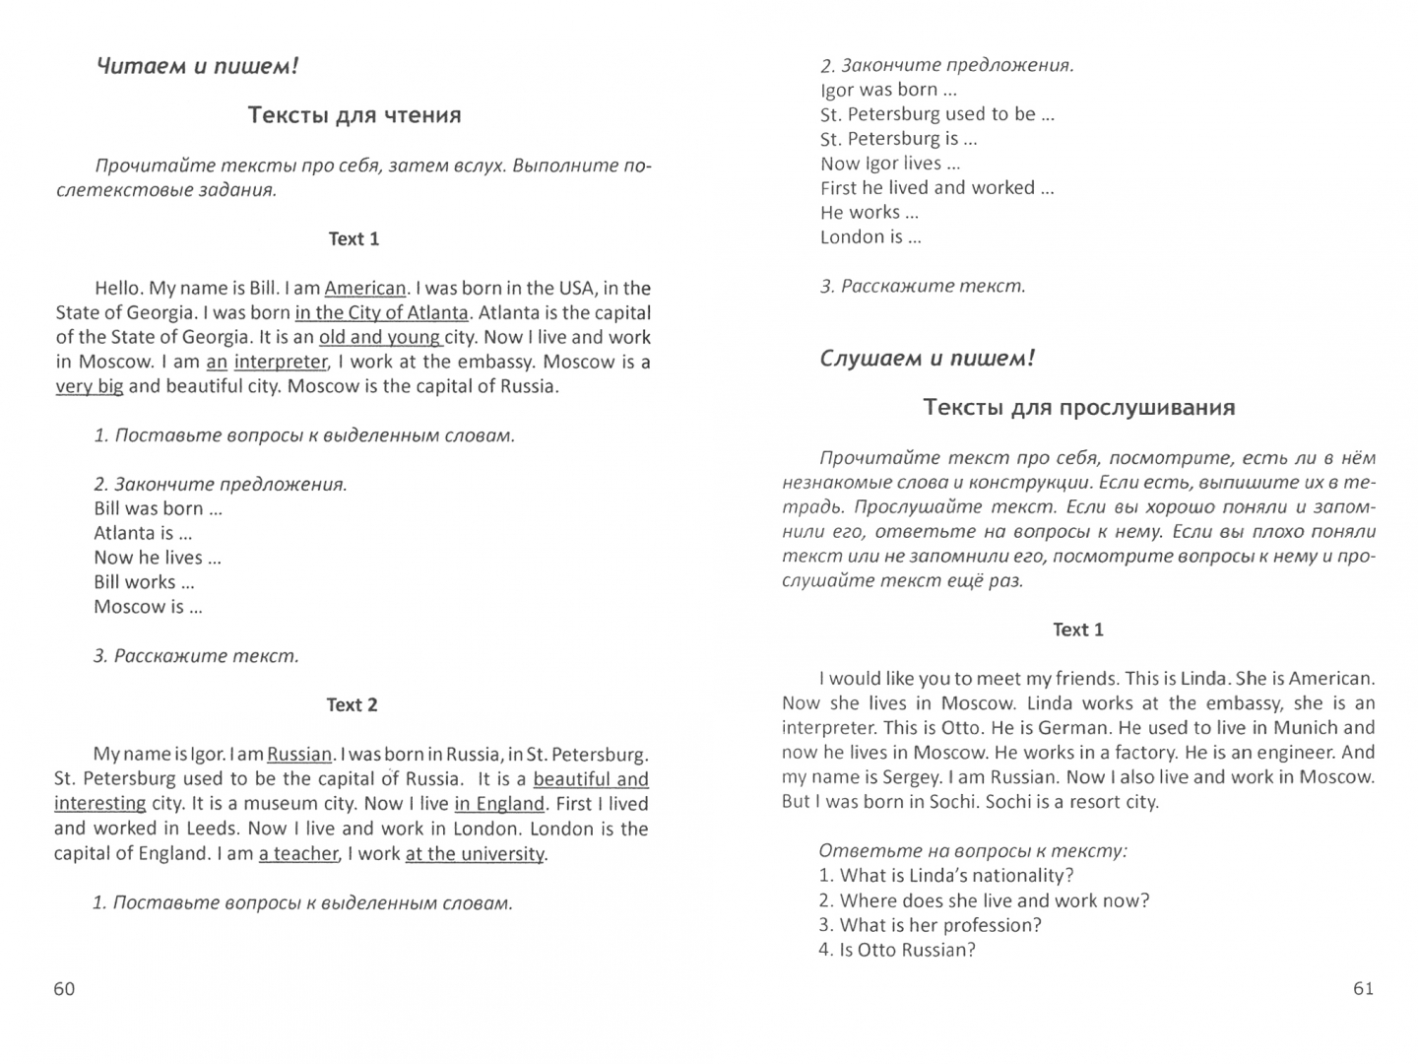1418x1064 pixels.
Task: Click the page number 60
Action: coord(64,989)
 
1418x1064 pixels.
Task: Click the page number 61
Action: coord(1363,989)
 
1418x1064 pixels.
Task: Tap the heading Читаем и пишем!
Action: coord(197,67)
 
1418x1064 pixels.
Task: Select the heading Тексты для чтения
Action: coord(354,115)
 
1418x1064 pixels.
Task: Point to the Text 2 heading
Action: coord(352,705)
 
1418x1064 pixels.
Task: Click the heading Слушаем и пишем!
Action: coord(927,359)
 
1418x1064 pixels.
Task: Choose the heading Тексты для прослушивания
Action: coord(1078,408)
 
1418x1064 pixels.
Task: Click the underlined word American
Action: coord(364,289)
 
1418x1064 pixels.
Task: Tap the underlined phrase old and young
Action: coord(380,337)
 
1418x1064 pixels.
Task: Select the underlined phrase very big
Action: coord(90,386)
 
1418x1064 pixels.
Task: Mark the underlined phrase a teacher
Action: coord(298,854)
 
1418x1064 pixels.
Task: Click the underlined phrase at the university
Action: coord(475,854)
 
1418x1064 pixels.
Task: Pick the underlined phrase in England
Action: coord(499,804)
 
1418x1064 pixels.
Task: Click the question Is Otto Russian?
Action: coord(896,951)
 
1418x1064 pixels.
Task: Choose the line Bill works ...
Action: coord(144,582)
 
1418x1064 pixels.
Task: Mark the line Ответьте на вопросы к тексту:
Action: coord(973,851)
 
